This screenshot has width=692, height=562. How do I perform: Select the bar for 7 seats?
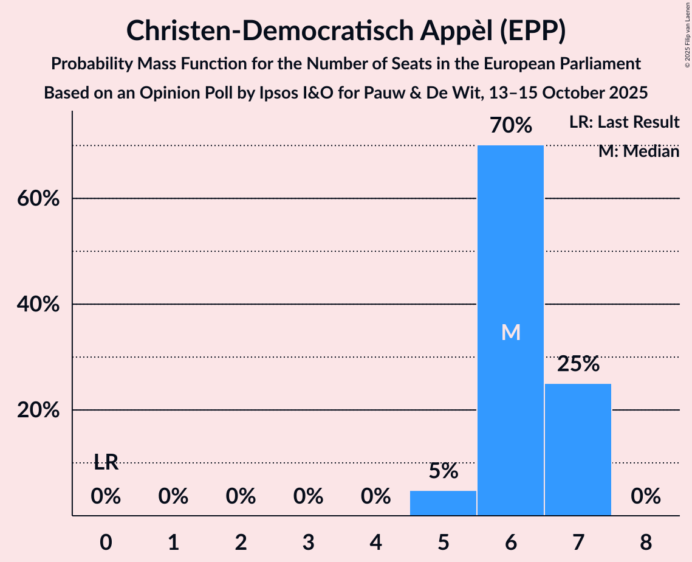tap(578, 449)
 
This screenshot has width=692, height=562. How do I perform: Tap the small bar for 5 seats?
tap(443, 503)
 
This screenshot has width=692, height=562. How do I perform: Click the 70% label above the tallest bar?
tap(511, 126)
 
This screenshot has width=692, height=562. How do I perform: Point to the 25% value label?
tap(578, 364)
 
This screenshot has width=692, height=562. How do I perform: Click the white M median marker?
tap(511, 332)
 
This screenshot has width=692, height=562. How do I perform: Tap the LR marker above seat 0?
tap(106, 462)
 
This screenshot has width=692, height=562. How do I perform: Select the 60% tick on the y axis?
tap(38, 199)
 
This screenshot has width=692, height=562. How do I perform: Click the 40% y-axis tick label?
tap(38, 304)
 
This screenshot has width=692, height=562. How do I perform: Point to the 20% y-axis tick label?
tap(38, 410)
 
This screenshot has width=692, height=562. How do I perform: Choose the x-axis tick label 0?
tap(106, 542)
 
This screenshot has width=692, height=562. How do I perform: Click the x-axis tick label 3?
tap(308, 542)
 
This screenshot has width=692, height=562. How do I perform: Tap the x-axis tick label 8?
tap(645, 542)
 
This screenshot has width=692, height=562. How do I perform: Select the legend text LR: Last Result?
tap(624, 122)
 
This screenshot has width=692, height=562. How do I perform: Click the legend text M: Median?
tap(639, 151)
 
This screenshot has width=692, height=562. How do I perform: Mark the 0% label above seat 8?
tap(645, 497)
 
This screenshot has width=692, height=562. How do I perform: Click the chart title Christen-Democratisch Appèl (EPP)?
tap(346, 30)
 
